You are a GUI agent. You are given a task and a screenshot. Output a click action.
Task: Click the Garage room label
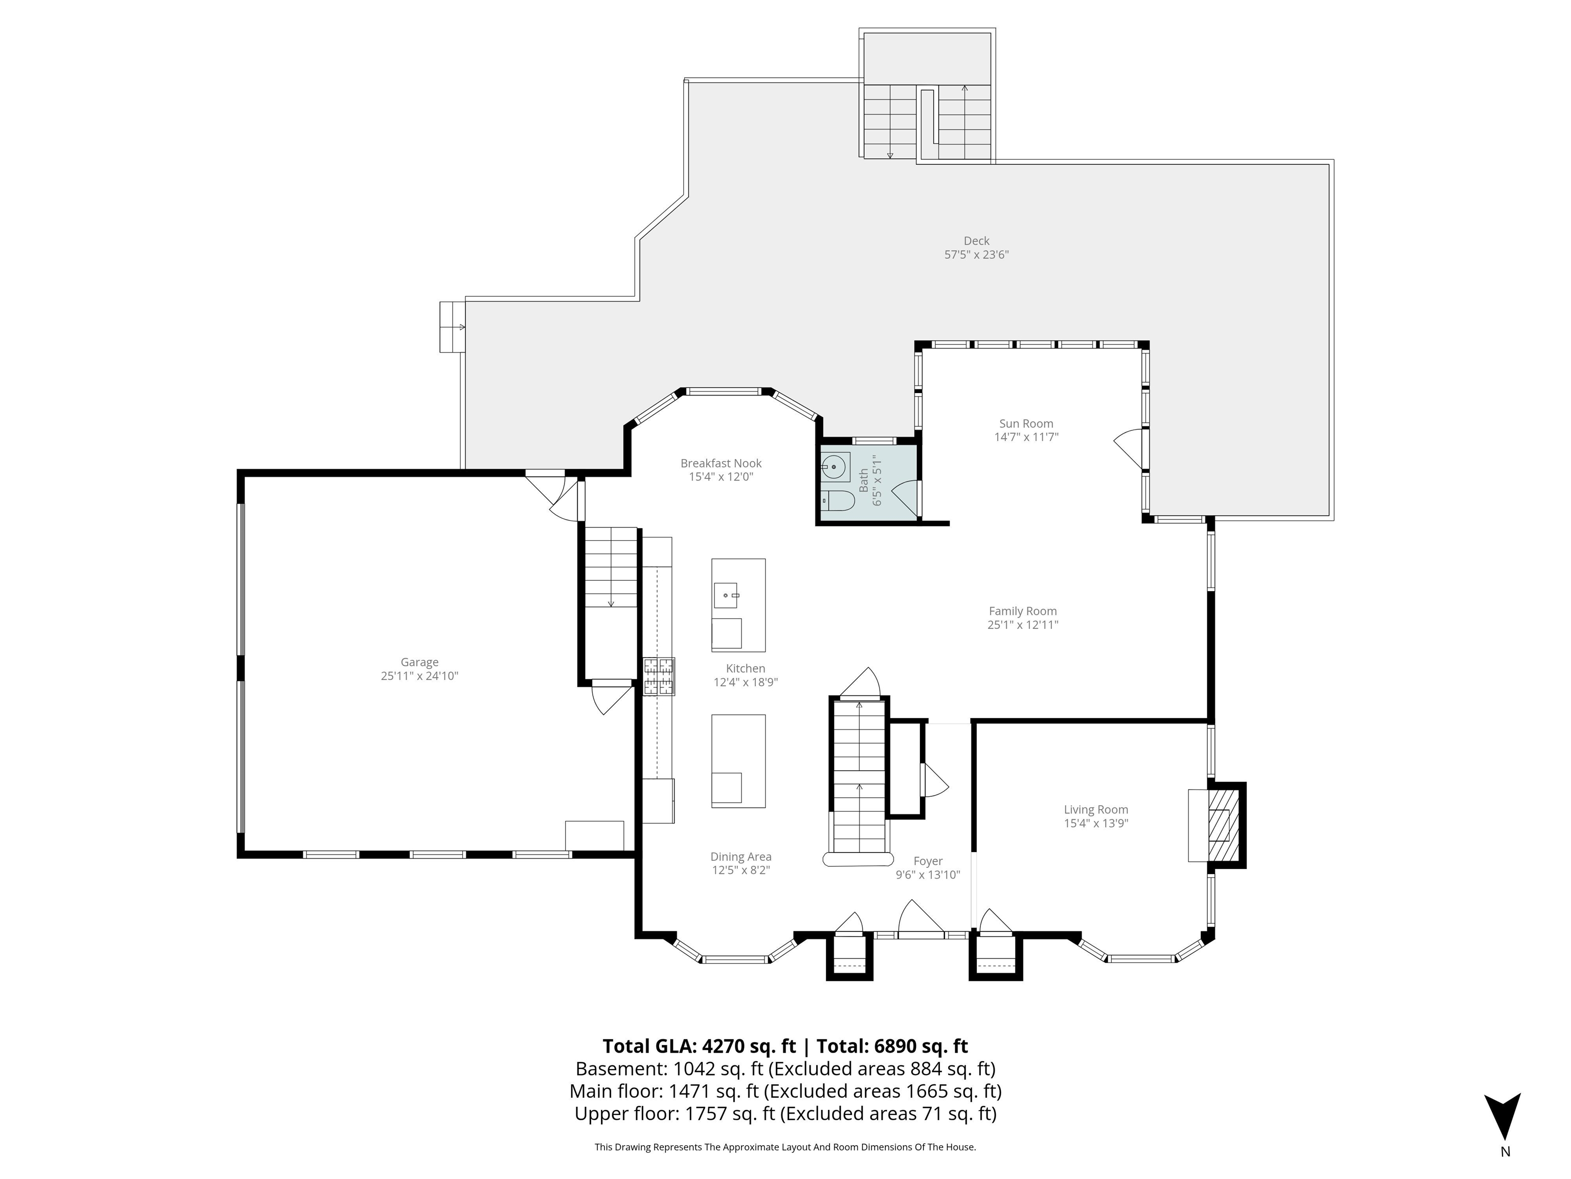pyautogui.click(x=419, y=662)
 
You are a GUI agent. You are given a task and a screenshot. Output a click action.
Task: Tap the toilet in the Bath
pyautogui.click(x=839, y=501)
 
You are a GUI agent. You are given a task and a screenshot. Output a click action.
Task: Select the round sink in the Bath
pyautogui.click(x=835, y=467)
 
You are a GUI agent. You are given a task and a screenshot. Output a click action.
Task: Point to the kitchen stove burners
pyautogui.click(x=658, y=676)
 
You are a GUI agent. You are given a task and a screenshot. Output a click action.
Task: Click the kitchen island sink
pyautogui.click(x=726, y=594)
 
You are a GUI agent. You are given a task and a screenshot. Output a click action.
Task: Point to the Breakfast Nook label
pyautogui.click(x=721, y=463)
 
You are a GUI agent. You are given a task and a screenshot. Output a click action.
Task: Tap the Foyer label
pyautogui.click(x=928, y=861)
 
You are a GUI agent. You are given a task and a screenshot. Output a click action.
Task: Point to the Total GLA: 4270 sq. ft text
pyautogui.click(x=699, y=1046)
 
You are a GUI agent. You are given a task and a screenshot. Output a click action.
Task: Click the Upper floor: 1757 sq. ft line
pyautogui.click(x=785, y=1113)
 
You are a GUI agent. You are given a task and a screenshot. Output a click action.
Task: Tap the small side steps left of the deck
pyautogui.click(x=452, y=327)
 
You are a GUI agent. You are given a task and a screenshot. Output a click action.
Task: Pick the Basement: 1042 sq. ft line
pyautogui.click(x=785, y=1069)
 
